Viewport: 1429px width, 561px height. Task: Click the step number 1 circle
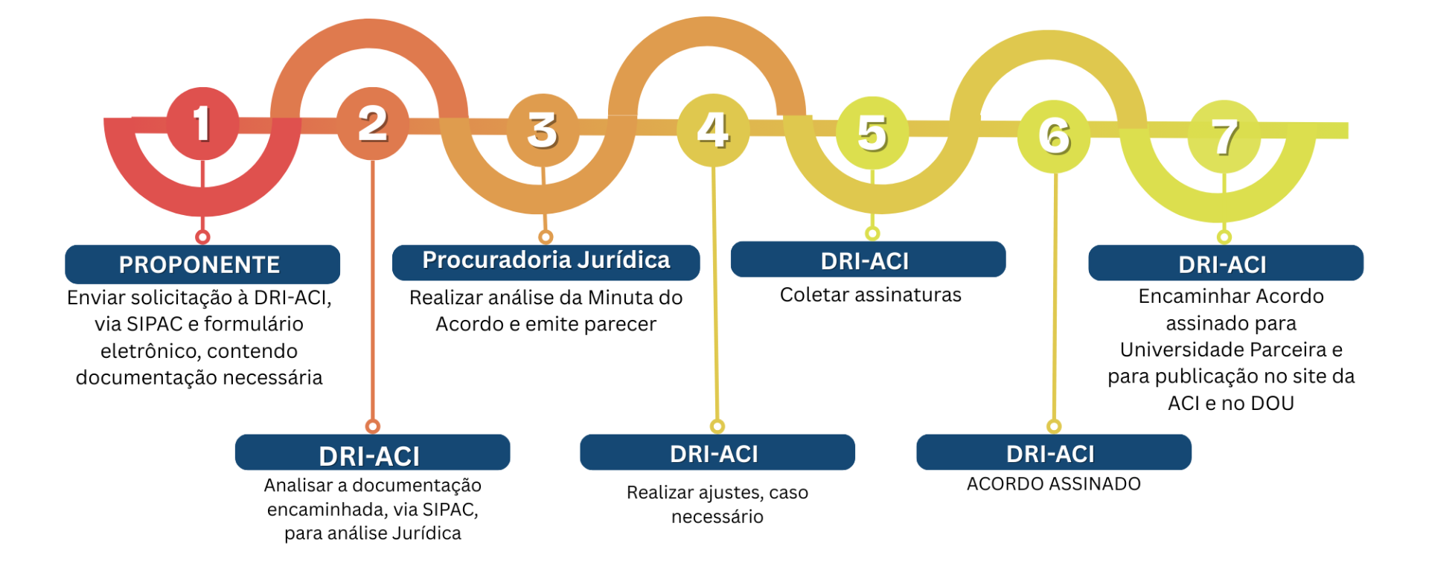[x=202, y=124]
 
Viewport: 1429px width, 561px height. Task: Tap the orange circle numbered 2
[x=372, y=124]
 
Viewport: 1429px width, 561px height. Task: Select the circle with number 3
[x=543, y=129]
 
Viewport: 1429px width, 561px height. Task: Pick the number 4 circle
[x=713, y=129]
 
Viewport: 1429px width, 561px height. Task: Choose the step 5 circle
[x=872, y=133]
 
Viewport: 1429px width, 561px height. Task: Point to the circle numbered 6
[x=1054, y=136]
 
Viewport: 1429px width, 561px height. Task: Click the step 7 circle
[x=1224, y=137]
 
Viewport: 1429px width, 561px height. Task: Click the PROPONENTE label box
[x=202, y=264]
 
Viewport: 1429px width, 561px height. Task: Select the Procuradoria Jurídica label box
[x=546, y=261]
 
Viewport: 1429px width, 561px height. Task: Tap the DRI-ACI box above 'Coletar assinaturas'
[x=868, y=260]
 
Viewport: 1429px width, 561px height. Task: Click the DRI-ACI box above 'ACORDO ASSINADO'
[x=1053, y=452]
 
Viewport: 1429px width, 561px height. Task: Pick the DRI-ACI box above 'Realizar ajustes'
[x=717, y=452]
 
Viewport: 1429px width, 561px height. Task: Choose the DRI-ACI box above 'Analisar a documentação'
[x=372, y=453]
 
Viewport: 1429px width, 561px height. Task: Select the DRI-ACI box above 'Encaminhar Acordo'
[x=1225, y=263]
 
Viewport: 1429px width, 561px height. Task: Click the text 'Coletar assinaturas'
[x=870, y=295]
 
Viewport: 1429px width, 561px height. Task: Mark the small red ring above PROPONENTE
[x=202, y=237]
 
